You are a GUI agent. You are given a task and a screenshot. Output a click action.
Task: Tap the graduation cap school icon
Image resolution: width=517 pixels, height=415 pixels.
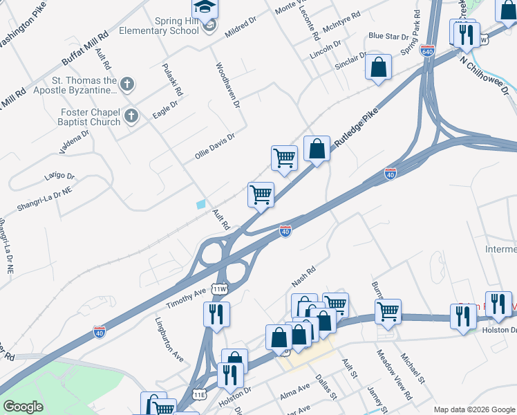tap(205, 8)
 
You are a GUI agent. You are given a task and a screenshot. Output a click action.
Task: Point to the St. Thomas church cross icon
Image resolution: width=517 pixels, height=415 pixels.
tap(126, 84)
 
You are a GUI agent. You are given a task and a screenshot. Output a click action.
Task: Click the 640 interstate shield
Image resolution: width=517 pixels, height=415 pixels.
tap(427, 51)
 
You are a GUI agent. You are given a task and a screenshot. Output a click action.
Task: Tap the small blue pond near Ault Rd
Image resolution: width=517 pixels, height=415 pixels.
tap(201, 204)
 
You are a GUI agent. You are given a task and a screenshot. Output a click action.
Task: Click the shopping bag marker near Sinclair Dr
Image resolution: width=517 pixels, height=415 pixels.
tap(378, 67)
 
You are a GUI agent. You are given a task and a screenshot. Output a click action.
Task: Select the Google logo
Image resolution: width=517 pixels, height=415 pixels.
tap(23, 407)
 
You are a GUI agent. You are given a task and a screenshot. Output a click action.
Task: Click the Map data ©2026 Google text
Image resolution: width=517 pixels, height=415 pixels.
tap(474, 409)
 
